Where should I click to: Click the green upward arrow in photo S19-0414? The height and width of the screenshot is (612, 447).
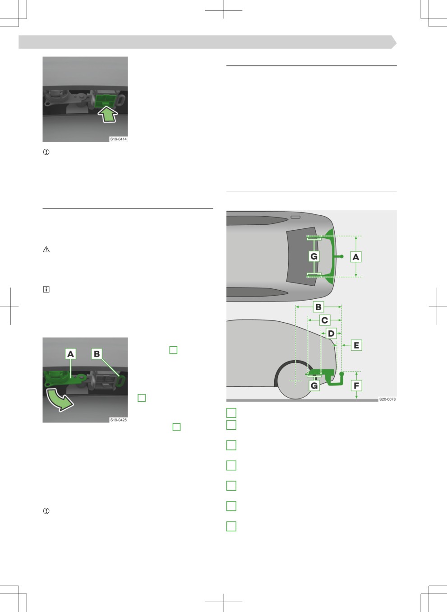[108, 114]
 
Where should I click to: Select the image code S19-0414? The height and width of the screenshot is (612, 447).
[118, 139]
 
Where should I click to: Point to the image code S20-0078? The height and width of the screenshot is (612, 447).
[387, 399]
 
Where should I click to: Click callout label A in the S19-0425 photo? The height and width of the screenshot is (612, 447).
[70, 354]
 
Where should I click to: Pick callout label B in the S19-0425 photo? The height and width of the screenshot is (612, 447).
[97, 354]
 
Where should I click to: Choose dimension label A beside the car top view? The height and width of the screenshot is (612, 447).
[356, 257]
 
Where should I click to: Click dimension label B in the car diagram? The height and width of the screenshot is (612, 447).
[318, 307]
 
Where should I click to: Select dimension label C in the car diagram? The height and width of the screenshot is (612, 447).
[325, 320]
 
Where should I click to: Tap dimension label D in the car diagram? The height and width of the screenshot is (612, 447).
[331, 334]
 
